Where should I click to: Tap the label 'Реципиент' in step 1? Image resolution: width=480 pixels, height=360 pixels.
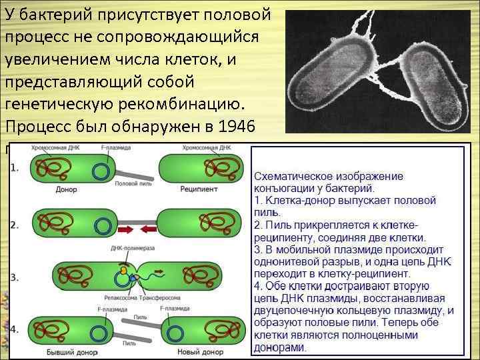[x=199, y=189]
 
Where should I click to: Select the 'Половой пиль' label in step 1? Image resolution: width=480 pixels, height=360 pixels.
[x=133, y=184]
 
